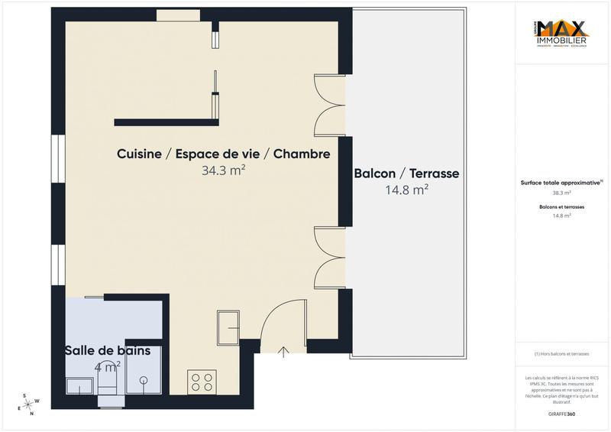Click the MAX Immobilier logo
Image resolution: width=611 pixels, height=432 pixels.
coord(561,34)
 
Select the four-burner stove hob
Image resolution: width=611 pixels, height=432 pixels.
coord(201,381)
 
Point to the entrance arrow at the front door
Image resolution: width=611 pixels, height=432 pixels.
coord(284,352)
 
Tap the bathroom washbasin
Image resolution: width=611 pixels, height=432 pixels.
coord(79,385)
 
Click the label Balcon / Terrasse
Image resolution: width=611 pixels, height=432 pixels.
coord(406,174)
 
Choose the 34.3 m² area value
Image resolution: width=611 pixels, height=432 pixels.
coord(223,171)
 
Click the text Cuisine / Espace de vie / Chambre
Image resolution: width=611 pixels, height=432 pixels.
coord(223,154)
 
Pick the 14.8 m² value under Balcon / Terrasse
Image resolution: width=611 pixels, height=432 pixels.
coord(406,190)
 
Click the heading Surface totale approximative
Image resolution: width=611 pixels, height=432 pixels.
coord(561,183)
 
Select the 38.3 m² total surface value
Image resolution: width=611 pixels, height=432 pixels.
coord(561,193)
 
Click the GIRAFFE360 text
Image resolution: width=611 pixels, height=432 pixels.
coord(561,413)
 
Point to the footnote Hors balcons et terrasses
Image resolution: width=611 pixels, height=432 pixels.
coord(561,354)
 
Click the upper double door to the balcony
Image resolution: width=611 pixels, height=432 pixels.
coord(330,106)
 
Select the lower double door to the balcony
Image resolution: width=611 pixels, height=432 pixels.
coord(330,258)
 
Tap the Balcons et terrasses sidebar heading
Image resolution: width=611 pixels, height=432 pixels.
coord(561,207)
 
